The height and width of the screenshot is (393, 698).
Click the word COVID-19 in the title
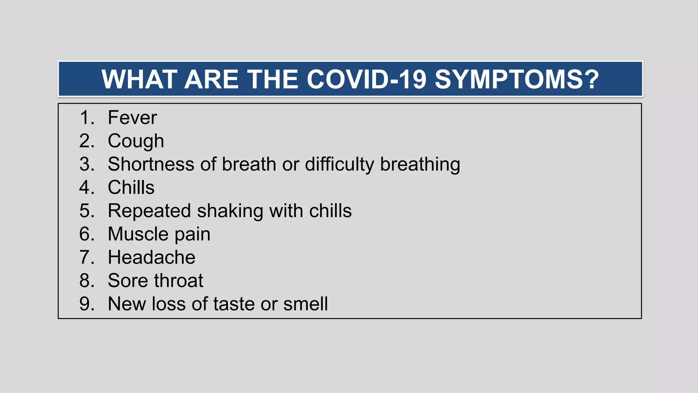coord(366,79)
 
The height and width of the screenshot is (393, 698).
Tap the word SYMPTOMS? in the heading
coord(517,79)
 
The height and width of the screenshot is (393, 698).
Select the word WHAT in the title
coord(139,79)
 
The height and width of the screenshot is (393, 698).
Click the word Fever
coord(132,118)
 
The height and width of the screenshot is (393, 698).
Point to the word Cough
coord(136,141)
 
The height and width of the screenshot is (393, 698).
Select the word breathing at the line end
coord(420,164)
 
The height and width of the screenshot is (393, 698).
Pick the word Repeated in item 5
coord(149,211)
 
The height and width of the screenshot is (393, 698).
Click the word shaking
coord(230,211)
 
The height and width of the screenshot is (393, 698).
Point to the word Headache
coord(151,257)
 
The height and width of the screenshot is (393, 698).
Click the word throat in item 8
coord(179,281)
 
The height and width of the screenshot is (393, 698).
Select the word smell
coord(305,304)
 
